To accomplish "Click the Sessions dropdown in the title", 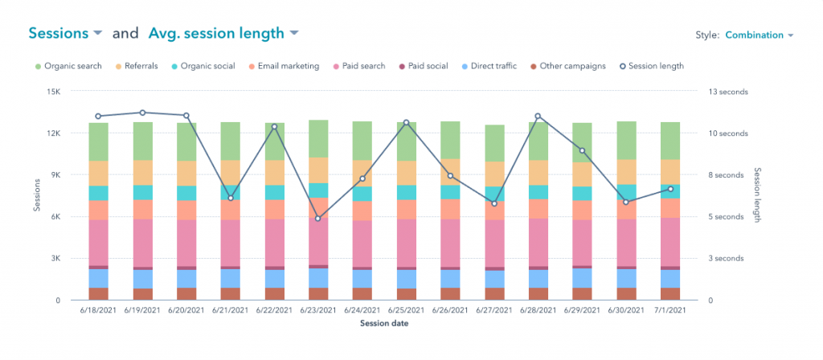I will (x=65, y=33).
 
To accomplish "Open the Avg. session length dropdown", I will (x=223, y=33).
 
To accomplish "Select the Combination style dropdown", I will (x=759, y=35).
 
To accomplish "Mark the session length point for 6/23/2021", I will (x=318, y=219).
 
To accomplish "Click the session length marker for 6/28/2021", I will (x=538, y=117).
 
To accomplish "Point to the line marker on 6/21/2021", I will (x=231, y=198).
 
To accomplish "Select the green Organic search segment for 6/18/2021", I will (x=99, y=141).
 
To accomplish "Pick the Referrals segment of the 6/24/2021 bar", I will (x=362, y=173).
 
